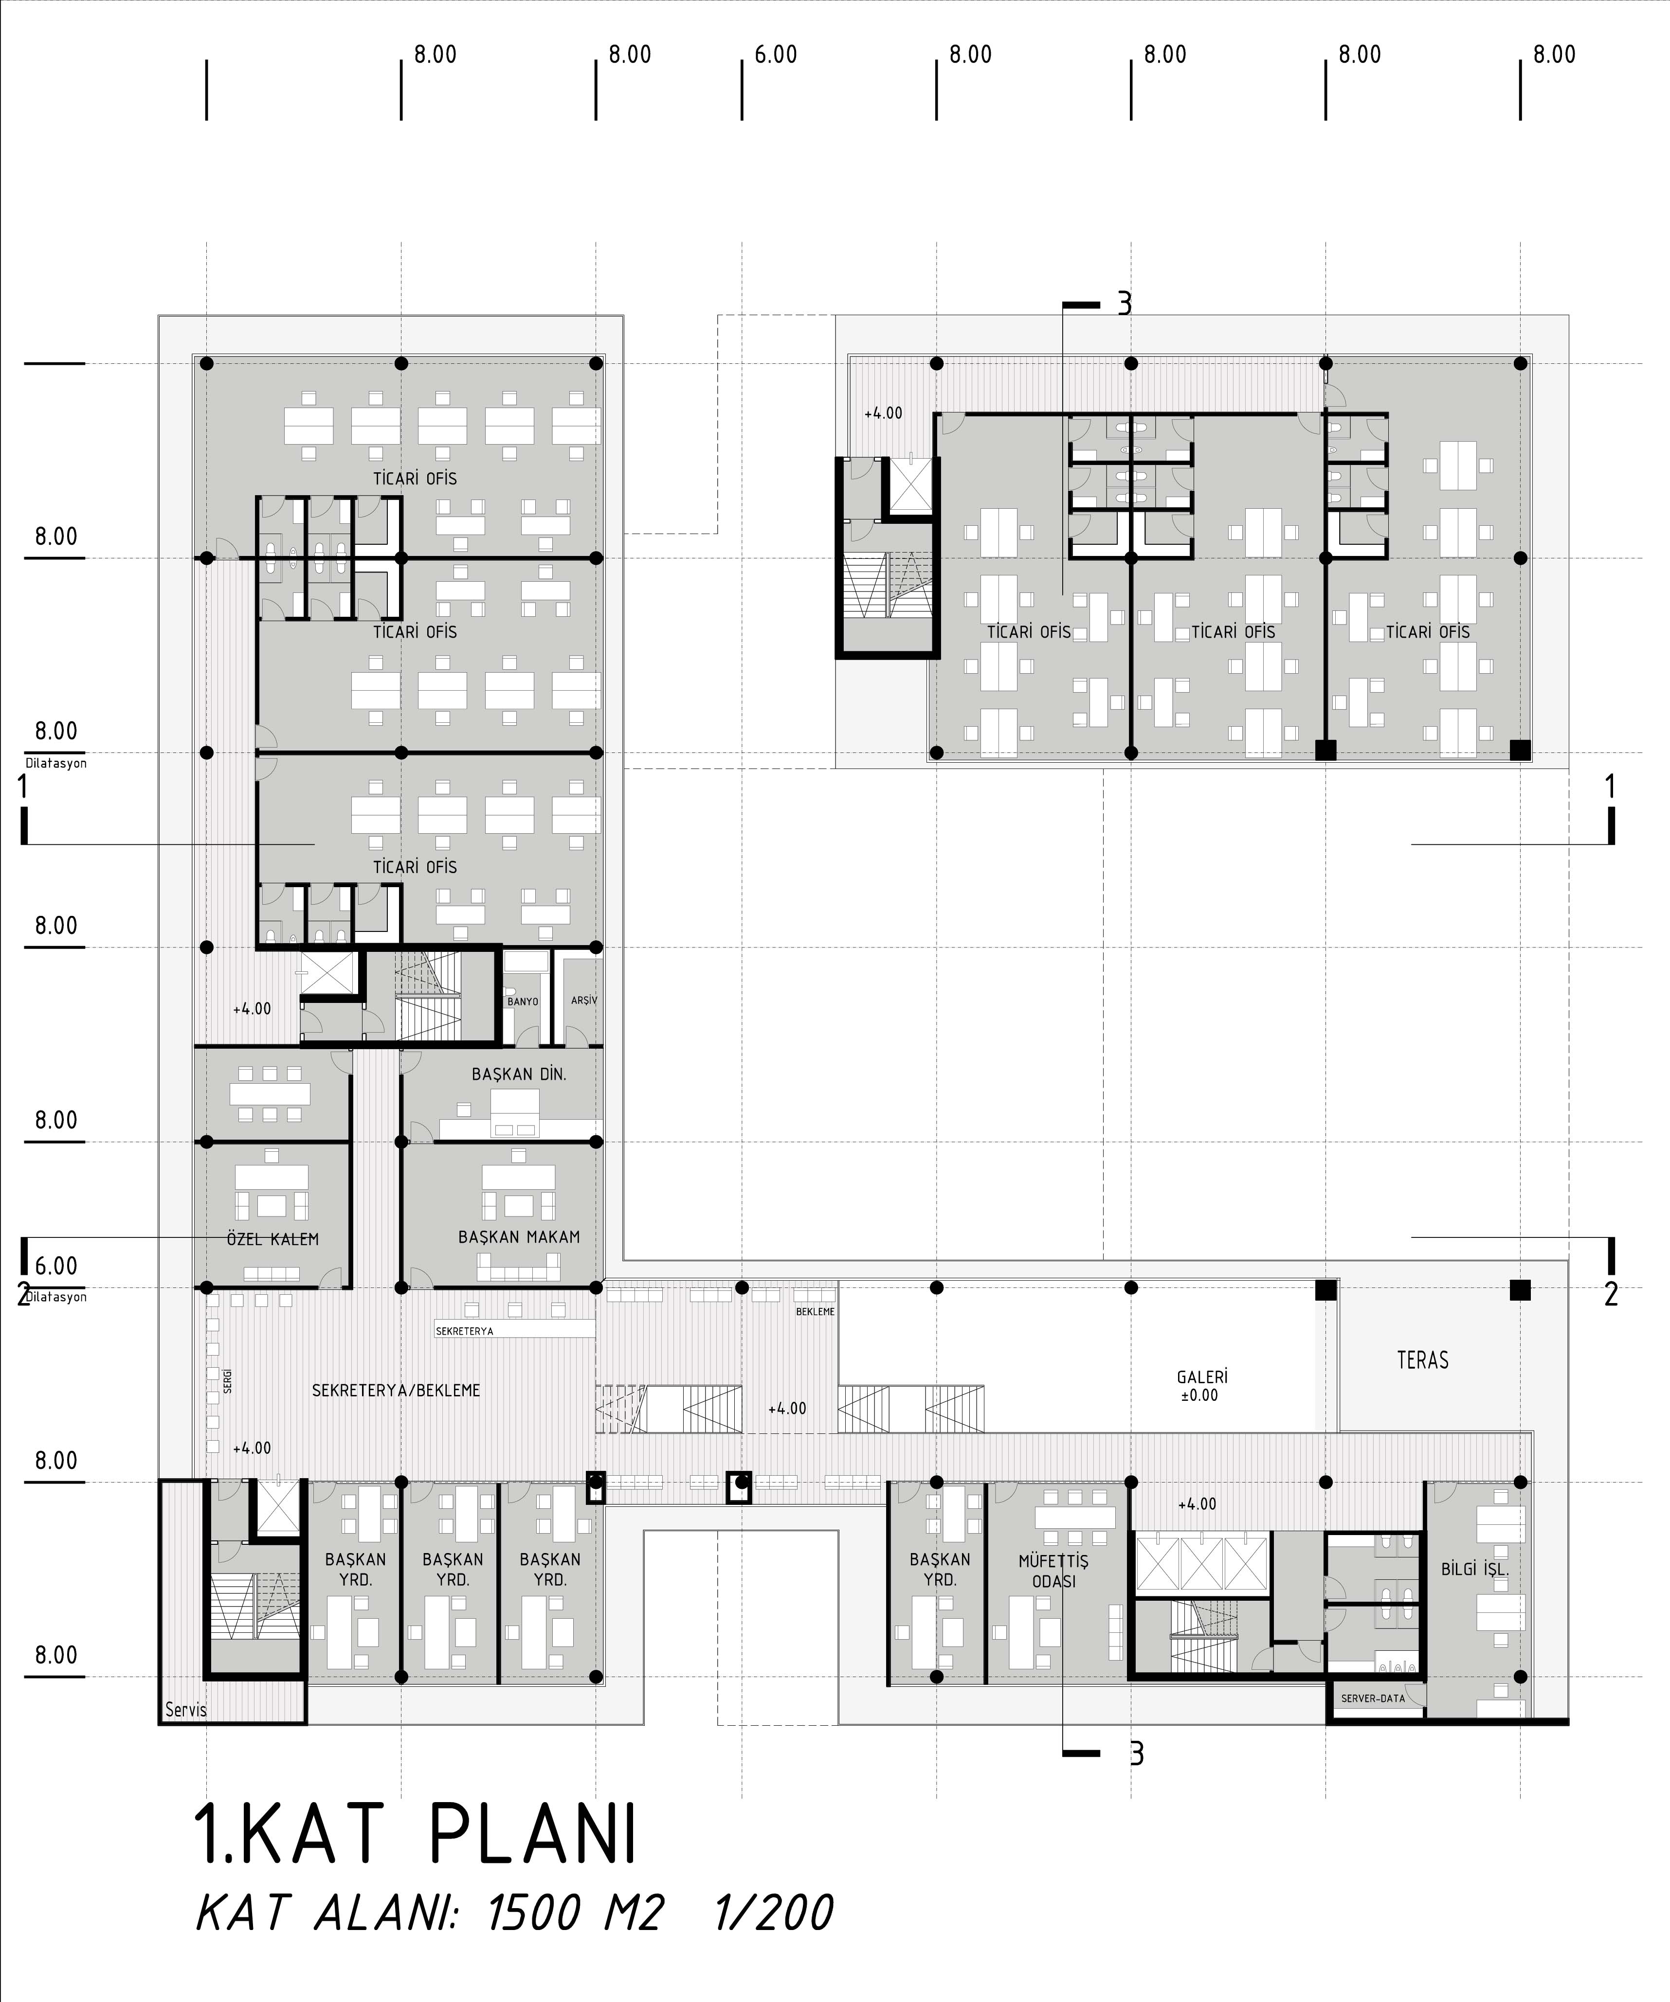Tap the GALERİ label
click(1202, 1376)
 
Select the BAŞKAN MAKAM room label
click(519, 1236)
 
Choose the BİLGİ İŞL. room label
click(1474, 1569)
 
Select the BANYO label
click(523, 1002)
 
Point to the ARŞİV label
click(584, 1000)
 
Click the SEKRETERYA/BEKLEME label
click(396, 1390)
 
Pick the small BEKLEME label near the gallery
click(816, 1312)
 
